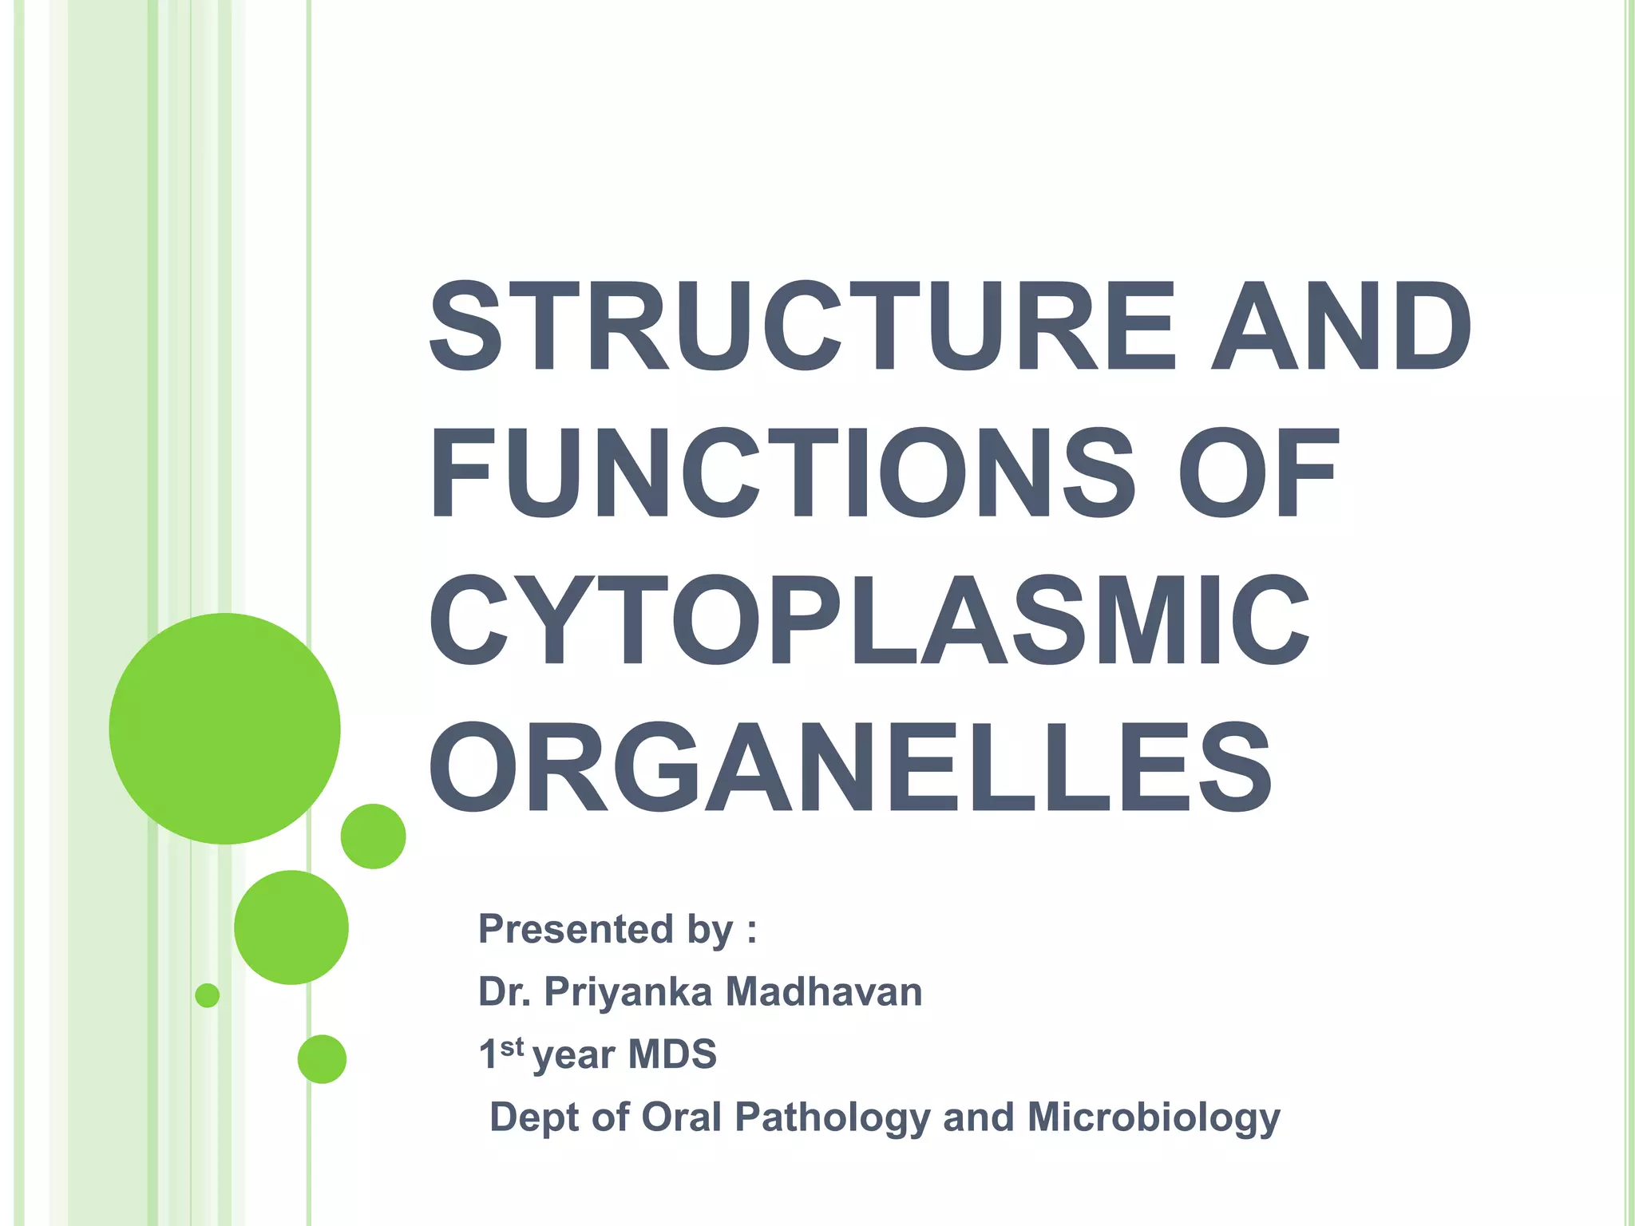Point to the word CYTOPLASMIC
coord(869,620)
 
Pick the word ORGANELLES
coord(851,768)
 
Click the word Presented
coord(576,930)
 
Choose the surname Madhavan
coord(823,992)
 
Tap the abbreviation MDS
coord(672,1054)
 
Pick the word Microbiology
coord(1153,1118)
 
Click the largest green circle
coord(225,728)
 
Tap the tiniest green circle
coord(208,995)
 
